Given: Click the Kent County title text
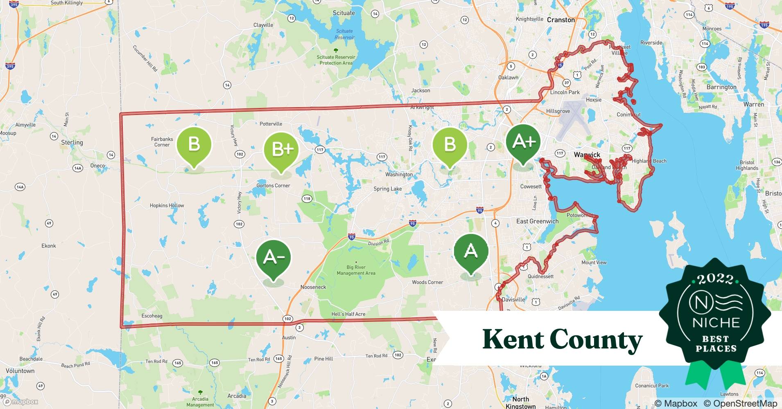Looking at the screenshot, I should pos(562,339).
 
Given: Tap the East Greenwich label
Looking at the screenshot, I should pos(537,221).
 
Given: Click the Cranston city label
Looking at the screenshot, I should pos(561,20).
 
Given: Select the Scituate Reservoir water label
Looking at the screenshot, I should pos(344,34).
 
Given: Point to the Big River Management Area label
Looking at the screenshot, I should pos(356,270).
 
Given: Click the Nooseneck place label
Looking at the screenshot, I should pos(313,287).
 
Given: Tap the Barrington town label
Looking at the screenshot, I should pos(721,87).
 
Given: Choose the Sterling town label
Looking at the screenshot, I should pos(72,142).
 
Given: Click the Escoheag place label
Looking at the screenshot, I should pos(151,316).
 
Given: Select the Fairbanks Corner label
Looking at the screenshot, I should pos(162,142).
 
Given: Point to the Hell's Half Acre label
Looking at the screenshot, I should pos(348,314).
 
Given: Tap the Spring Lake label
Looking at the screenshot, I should pos(387,189).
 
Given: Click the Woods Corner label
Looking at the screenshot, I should pos(427,282).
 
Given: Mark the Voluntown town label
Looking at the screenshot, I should pos(20,371).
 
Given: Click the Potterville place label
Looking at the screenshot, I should pos(271,124).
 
